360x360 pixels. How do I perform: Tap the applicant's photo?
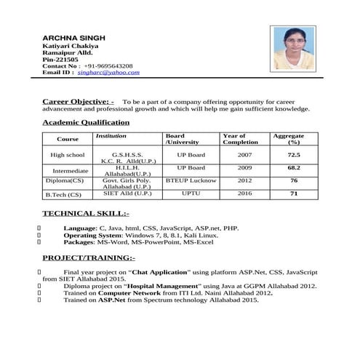294,48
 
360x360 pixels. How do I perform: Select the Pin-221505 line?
61,59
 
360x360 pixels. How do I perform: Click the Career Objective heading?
78,101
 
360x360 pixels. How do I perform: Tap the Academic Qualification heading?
85,123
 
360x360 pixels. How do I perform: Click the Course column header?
68,139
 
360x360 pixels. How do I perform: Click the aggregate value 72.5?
293,155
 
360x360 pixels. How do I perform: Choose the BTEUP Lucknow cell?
191,180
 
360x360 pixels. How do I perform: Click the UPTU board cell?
191,193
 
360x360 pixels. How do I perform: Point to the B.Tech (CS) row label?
63,194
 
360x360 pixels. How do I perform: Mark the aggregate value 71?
293,193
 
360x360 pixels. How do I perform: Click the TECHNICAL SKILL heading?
86,214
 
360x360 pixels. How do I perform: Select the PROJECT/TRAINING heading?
88,258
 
